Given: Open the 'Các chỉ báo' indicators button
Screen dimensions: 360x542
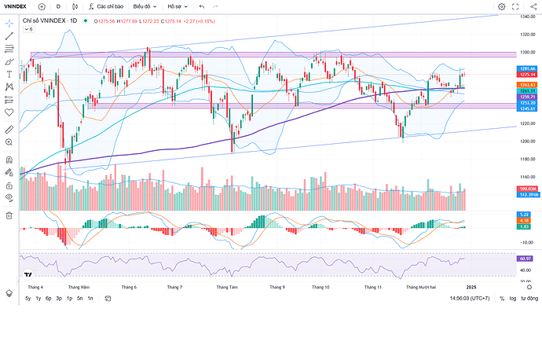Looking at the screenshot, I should click(x=108, y=6).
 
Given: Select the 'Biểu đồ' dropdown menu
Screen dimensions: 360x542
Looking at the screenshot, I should click(x=144, y=6).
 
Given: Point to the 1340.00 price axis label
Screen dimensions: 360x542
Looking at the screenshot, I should click(x=527, y=16).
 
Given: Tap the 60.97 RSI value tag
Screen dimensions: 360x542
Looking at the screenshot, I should click(x=526, y=258).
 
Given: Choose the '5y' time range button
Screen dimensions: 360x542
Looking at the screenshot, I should click(x=28, y=299).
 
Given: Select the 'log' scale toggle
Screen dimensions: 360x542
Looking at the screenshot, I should click(x=512, y=299).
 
